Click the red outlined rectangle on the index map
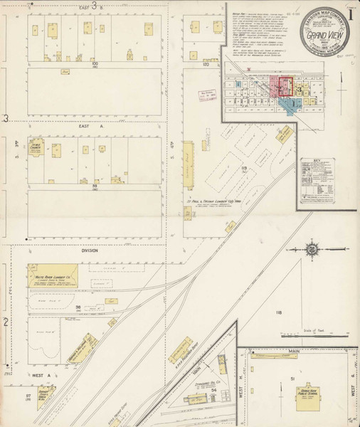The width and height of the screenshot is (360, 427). point(285,87)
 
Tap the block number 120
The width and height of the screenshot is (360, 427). point(206,63)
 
